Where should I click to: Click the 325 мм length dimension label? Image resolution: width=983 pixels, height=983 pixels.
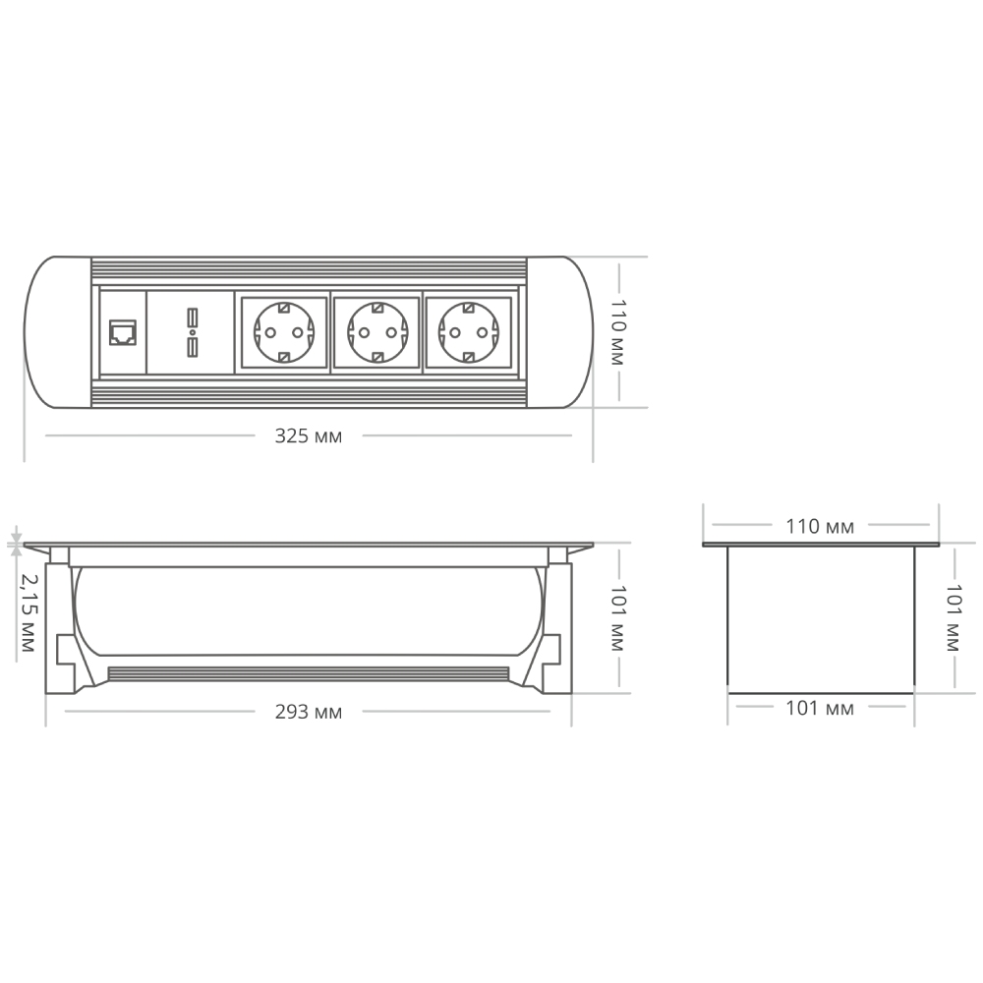[x=308, y=435]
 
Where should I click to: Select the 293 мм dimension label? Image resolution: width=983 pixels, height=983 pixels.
[x=308, y=712]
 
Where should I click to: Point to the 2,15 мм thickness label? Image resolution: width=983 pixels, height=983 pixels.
[x=27, y=614]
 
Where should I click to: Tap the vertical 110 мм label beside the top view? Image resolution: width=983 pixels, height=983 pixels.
[x=616, y=331]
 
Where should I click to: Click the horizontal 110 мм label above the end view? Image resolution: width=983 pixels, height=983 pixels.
[x=820, y=526]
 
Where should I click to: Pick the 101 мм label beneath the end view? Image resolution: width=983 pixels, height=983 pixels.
[x=820, y=708]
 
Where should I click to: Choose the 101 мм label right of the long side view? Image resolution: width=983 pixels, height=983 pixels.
[x=616, y=619]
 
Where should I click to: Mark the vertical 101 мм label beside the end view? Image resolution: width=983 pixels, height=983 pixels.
[x=951, y=619]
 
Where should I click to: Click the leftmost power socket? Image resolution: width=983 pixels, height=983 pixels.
[x=283, y=331]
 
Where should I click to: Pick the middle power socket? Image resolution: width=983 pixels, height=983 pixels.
[x=376, y=331]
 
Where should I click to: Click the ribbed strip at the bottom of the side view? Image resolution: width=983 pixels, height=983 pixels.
[x=308, y=674]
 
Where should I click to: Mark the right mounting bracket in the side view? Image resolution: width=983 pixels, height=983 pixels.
[x=551, y=629]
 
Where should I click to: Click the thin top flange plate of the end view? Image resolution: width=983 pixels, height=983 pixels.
[x=821, y=544]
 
